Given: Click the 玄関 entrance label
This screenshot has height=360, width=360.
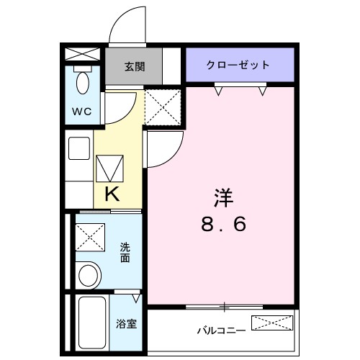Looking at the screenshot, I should pos(135,66).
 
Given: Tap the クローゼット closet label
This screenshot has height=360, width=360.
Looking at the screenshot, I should pos(238,65).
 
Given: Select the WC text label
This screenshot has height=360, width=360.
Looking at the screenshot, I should pos(81,112).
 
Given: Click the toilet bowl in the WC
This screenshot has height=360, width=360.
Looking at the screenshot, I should pos(82,82).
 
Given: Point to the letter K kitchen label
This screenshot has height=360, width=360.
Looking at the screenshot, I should pos(112,193).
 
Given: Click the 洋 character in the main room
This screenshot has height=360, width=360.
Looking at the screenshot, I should pos(222,195).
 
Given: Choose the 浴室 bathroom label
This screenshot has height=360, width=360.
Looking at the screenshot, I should pos(127,323).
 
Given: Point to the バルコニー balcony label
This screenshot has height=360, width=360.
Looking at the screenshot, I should pos(221,330).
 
